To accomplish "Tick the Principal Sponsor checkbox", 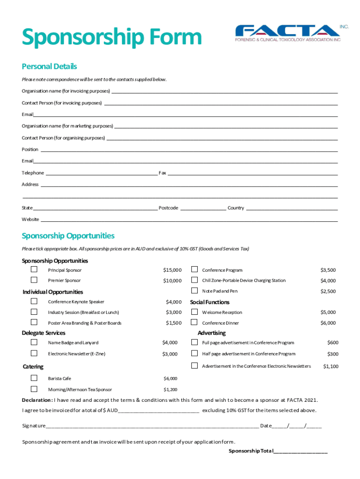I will point(34,269).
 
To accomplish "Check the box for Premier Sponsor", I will point(34,280).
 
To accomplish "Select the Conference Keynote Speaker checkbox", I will point(34,301).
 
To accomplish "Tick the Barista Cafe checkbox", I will point(34,378).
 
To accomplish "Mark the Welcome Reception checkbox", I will point(194,312).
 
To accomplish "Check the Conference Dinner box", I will point(194,322).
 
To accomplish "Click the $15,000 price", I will point(172,270).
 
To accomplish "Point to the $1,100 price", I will point(331,366).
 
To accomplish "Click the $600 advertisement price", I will point(332,343).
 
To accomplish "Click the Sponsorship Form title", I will point(112,38).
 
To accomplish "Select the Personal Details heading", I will point(49,66).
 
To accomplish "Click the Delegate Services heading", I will point(43,333).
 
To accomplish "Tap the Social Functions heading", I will point(209,302).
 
